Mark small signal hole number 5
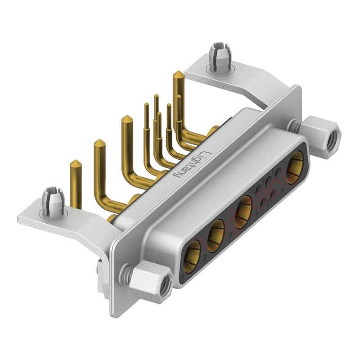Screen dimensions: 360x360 click(x=278, y=171)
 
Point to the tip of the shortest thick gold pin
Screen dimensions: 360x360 click(x=76, y=162)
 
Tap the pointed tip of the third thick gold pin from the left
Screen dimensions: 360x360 click(x=127, y=118)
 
